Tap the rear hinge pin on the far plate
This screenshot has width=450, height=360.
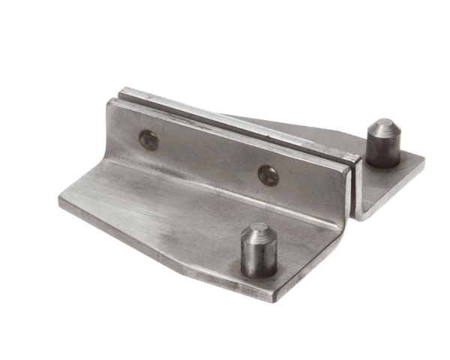coord(382,144)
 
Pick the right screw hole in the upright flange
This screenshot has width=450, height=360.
coord(268,175)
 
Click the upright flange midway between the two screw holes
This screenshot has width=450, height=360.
coord(208,157)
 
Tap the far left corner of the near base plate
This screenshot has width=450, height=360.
coord(60,201)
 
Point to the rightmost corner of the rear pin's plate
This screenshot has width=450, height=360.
coord(424,160)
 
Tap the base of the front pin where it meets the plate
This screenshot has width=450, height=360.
coord(258,271)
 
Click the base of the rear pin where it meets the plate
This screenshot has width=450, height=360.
coord(382,163)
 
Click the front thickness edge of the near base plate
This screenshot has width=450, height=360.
coord(165,251)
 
